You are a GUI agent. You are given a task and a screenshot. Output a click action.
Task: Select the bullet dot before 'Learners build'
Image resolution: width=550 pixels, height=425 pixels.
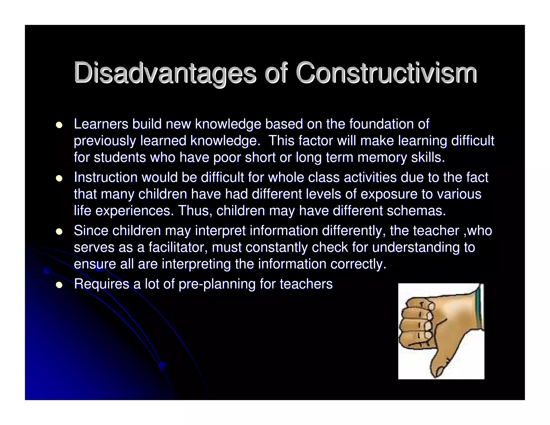point(59,125)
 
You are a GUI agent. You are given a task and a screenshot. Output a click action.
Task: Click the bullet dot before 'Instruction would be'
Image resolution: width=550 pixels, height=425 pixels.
point(59,178)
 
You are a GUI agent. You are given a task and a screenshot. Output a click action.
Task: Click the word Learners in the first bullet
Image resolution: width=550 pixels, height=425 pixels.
point(101,124)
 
